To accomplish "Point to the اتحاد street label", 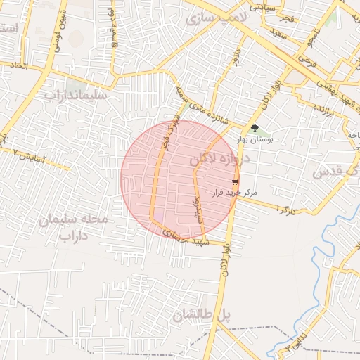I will [16, 65].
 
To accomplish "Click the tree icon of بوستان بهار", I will [254, 129].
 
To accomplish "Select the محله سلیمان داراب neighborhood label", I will [75, 227].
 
